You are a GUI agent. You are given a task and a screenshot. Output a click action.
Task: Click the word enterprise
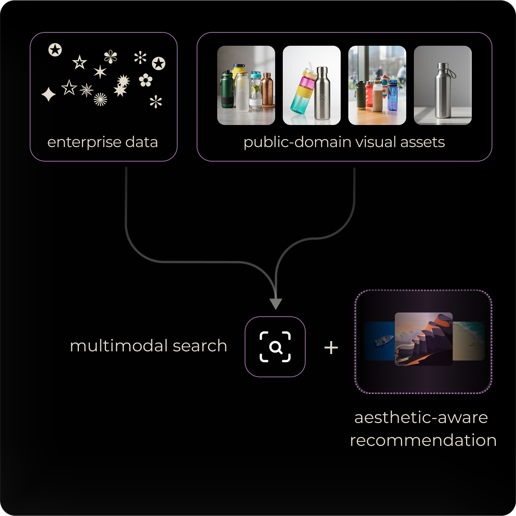click(84, 142)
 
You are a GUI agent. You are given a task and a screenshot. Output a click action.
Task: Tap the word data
click(141, 142)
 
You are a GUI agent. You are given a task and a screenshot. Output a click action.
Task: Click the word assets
click(423, 142)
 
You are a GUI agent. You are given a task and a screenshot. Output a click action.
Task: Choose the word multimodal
click(119, 346)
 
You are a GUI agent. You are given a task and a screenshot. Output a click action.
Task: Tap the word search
click(200, 346)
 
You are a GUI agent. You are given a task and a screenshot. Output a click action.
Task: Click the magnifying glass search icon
click(275, 347)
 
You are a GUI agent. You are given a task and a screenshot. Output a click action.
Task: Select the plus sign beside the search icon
click(331, 348)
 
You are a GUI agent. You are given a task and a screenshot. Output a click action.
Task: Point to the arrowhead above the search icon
click(276, 303)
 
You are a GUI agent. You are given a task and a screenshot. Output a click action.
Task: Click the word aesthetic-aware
click(421, 418)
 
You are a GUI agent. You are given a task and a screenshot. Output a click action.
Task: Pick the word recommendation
click(423, 441)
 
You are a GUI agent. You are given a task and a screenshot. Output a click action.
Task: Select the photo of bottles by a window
click(377, 85)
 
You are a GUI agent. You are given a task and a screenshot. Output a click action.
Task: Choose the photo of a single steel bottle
click(442, 85)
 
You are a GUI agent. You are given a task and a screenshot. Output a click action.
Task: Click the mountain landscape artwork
click(423, 339)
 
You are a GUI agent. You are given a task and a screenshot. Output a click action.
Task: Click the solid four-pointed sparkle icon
click(48, 94)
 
